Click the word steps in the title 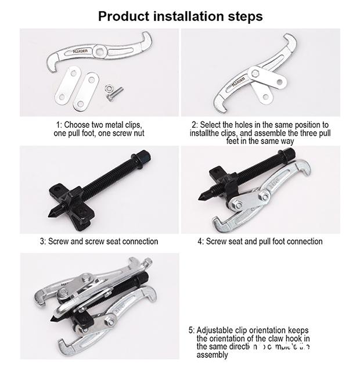[244, 16]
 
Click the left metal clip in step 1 [69, 85]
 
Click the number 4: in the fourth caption [200, 242]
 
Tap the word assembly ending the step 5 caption [212, 354]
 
